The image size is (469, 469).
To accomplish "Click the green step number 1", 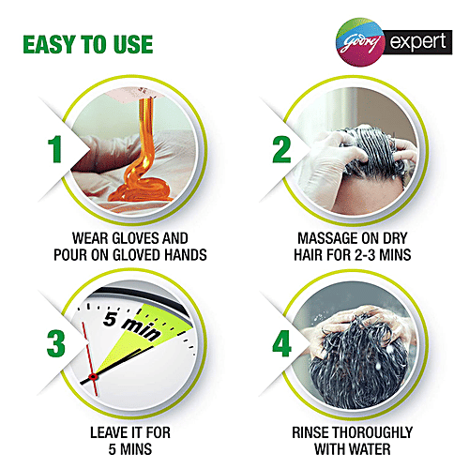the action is [55, 149].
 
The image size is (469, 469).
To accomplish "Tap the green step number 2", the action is [281, 149].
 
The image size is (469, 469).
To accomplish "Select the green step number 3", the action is [56, 343].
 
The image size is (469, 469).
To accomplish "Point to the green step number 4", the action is [281, 343].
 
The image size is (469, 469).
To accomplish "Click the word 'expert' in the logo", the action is [417, 42].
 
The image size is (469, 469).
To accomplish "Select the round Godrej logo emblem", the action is [360, 42].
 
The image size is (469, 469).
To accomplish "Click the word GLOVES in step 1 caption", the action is [136, 238].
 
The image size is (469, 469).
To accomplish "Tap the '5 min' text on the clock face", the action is [132, 326].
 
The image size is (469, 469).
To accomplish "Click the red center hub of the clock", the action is [93, 377].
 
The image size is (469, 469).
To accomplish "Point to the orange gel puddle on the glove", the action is [142, 189].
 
